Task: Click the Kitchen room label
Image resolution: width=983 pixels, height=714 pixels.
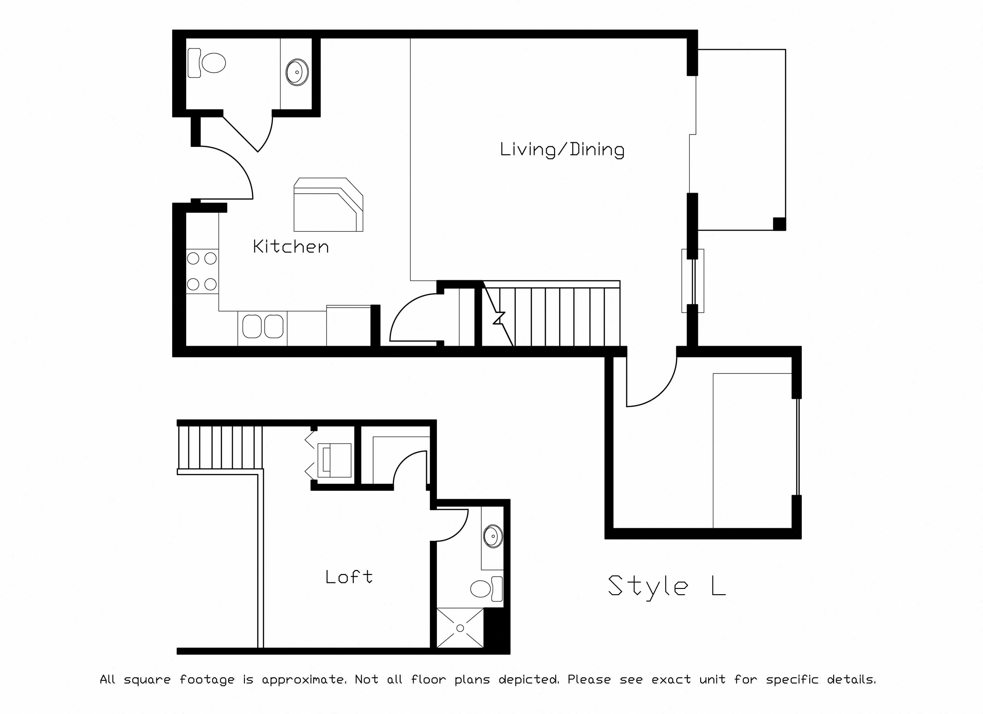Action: click(x=291, y=246)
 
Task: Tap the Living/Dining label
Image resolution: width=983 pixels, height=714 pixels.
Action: click(x=562, y=150)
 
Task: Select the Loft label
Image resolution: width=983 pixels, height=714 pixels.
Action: click(x=349, y=577)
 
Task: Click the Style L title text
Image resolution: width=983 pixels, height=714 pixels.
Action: click(x=667, y=586)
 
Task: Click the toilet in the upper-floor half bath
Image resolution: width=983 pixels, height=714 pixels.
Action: click(x=207, y=63)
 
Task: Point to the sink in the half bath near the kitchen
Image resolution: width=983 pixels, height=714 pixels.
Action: click(x=297, y=72)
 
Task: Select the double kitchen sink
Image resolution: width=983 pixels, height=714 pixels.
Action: click(x=263, y=326)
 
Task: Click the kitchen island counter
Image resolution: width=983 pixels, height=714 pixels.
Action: click(x=328, y=204)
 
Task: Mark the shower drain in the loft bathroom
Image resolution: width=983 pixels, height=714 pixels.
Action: click(x=460, y=628)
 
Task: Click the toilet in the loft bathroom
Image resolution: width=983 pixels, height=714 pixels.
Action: click(x=487, y=589)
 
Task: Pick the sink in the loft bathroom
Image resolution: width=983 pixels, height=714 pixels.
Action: click(x=493, y=537)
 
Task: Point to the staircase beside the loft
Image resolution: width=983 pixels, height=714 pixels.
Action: click(x=220, y=447)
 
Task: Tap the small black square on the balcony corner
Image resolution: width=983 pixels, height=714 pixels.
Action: click(x=779, y=223)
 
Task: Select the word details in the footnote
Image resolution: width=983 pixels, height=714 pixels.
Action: click(x=851, y=679)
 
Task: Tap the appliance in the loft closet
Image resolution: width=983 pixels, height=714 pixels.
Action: click(x=334, y=460)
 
